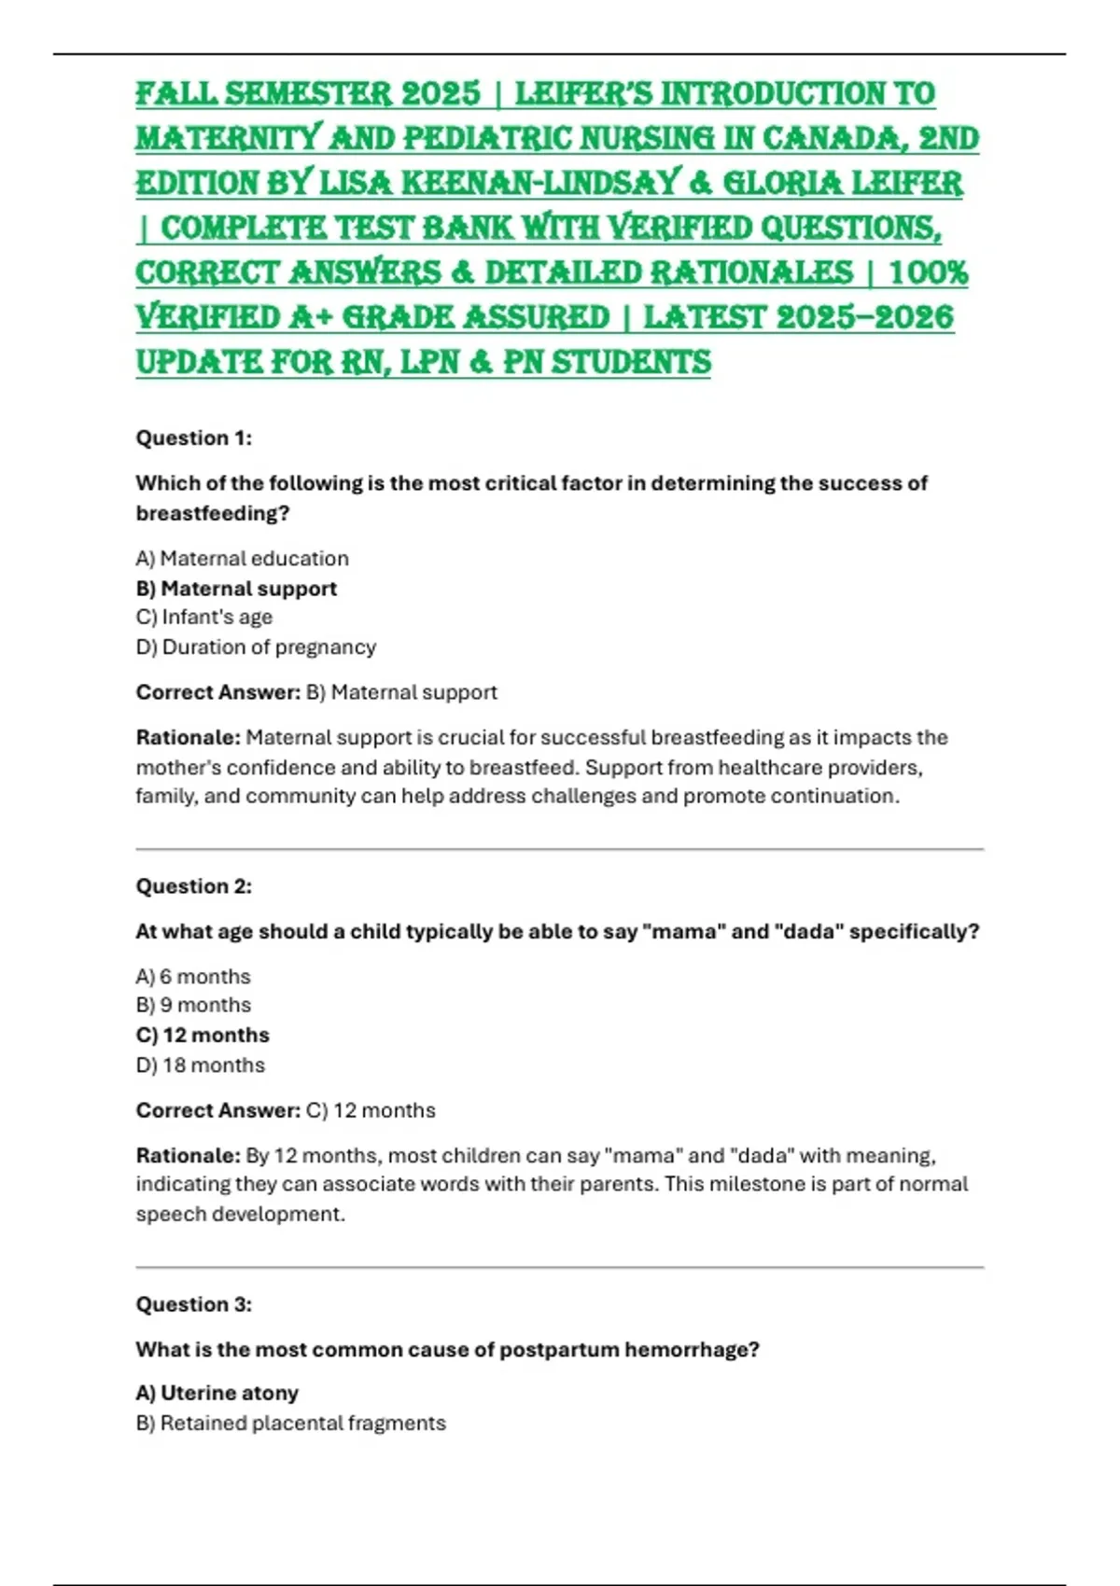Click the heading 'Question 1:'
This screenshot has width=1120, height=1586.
[x=193, y=438]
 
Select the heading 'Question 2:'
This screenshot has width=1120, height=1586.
[x=193, y=886]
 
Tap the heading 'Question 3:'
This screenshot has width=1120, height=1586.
[x=193, y=1304]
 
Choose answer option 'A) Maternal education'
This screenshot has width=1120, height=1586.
[x=242, y=558]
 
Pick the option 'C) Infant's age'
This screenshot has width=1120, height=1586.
[x=203, y=617]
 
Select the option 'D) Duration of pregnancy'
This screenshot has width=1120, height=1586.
[x=256, y=647]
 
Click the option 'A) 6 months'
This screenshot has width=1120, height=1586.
[x=193, y=976]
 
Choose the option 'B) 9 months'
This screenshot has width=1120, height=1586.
[x=193, y=1005]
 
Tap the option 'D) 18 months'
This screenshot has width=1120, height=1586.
[x=200, y=1064]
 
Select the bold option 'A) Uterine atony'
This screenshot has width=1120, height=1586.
[x=217, y=1393]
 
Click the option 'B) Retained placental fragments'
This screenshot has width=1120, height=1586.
[x=290, y=1423]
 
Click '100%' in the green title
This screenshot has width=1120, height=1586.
[x=928, y=272]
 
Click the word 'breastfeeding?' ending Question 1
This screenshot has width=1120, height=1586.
[x=213, y=513]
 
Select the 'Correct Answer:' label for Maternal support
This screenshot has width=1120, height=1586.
[x=217, y=692]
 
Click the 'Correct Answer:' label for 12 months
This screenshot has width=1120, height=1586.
[x=217, y=1110]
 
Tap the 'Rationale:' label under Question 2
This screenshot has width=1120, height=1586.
[x=188, y=1155]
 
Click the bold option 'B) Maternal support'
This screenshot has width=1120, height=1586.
[x=236, y=589]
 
